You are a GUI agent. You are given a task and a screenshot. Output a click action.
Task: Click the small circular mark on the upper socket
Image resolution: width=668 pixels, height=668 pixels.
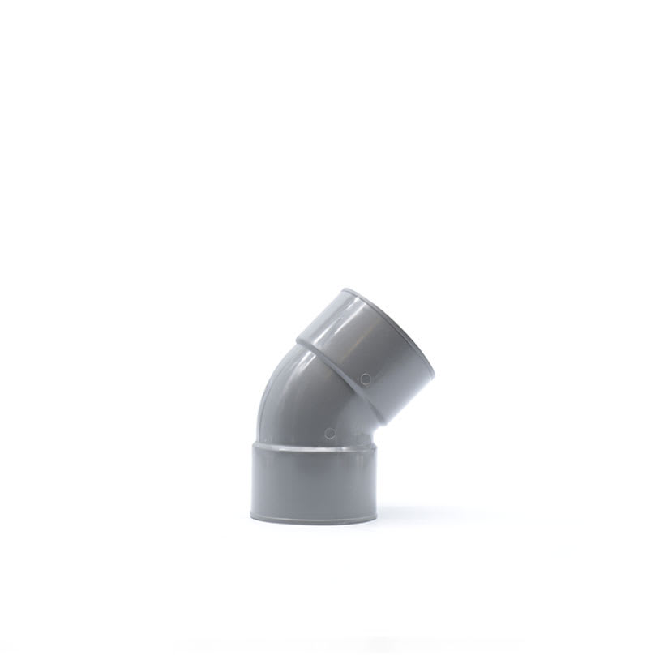pos(366,378)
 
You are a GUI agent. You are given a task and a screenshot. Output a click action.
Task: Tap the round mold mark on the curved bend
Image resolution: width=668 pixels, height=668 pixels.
pos(328,432)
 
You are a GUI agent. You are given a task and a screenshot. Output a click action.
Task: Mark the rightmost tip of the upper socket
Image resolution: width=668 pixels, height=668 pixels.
pos(434,377)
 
